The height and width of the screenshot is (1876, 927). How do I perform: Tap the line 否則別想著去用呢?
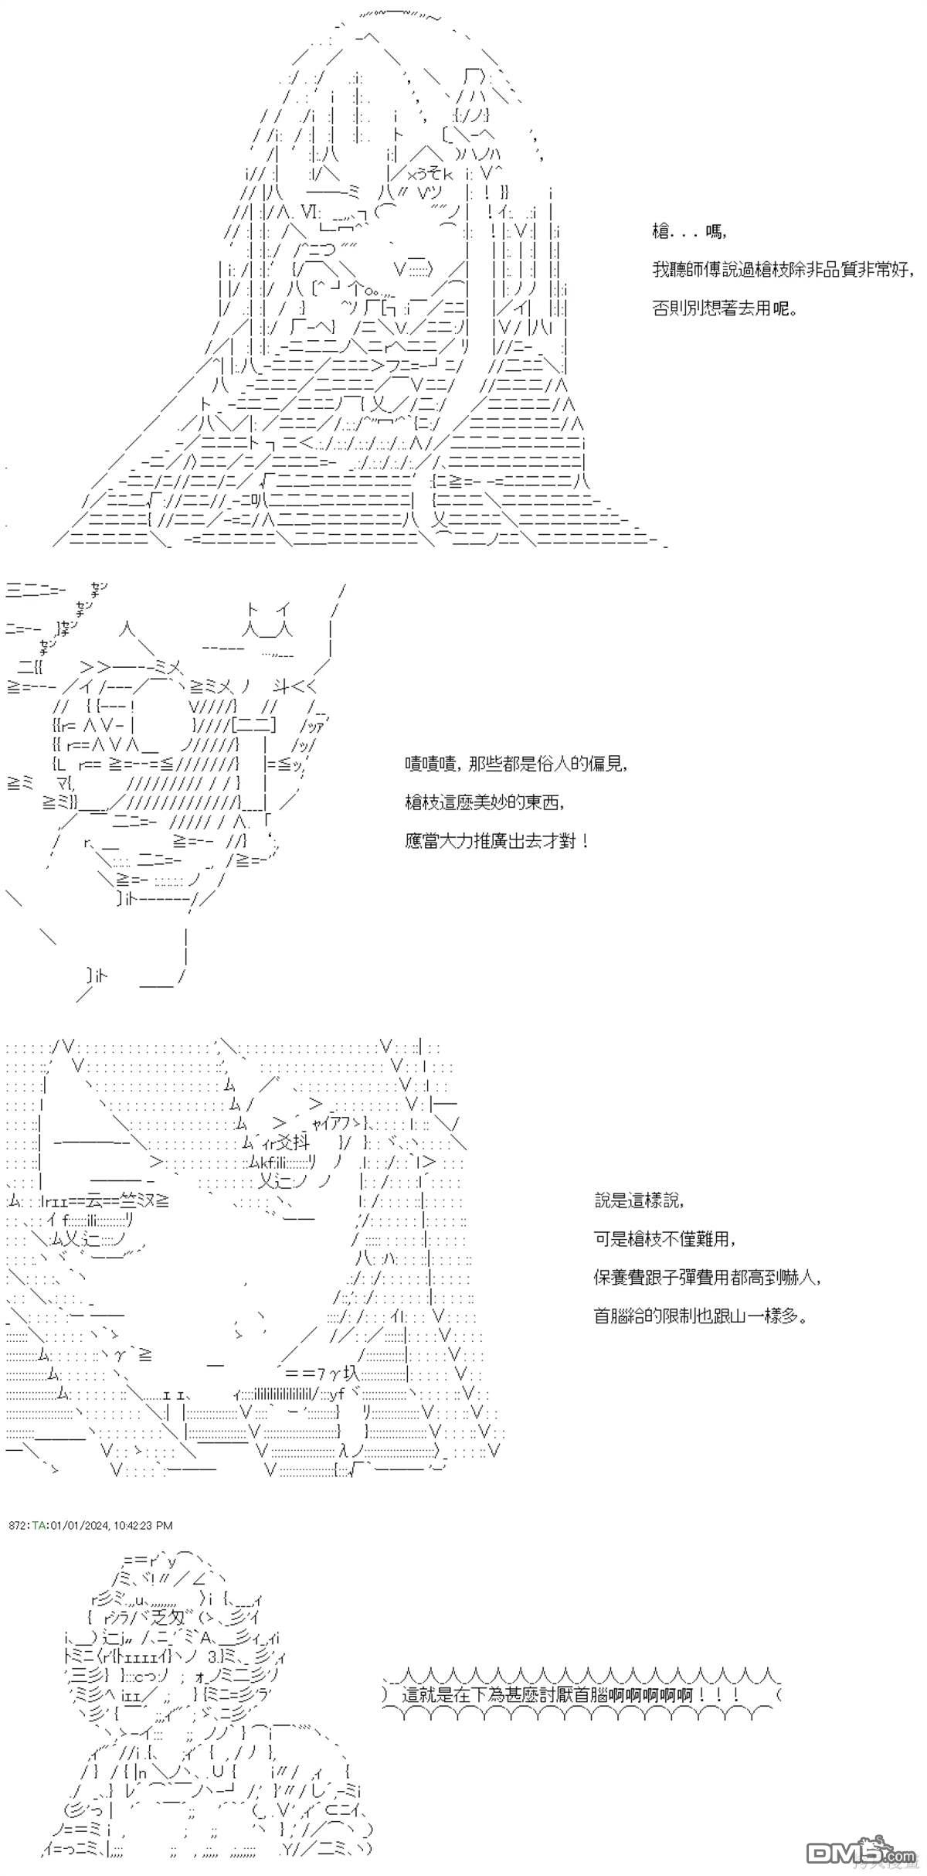(723, 308)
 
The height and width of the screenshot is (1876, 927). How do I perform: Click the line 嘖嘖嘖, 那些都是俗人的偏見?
(514, 764)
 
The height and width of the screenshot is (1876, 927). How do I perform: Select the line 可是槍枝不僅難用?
(664, 1239)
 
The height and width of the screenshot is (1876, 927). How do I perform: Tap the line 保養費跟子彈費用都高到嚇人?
(706, 1278)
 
